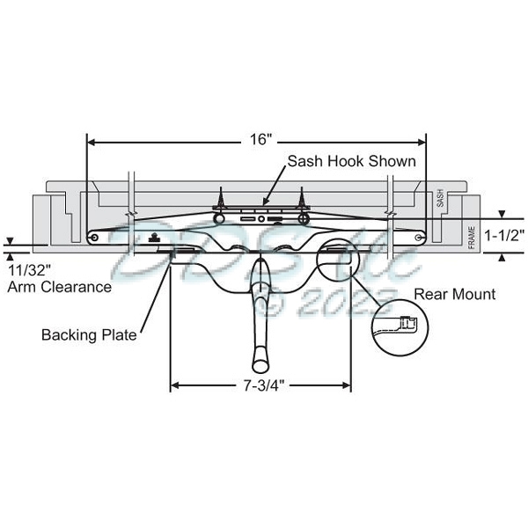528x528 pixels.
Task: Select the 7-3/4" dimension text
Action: (x=260, y=385)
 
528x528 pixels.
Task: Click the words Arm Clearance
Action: (x=60, y=286)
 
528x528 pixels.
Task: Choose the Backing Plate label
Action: (x=89, y=335)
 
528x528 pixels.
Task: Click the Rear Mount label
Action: (x=455, y=294)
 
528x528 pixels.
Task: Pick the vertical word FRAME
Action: (x=473, y=235)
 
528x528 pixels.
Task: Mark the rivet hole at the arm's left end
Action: (x=94, y=238)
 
